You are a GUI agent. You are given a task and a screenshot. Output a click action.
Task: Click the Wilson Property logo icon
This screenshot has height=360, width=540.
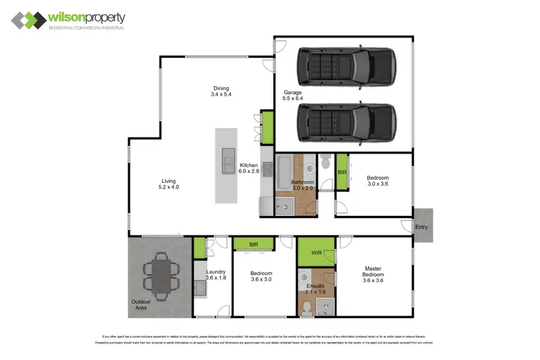point(27,20)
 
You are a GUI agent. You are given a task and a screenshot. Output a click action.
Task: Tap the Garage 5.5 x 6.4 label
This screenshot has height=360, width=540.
point(292,96)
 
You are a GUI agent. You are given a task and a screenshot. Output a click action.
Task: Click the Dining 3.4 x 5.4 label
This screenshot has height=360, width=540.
point(220,91)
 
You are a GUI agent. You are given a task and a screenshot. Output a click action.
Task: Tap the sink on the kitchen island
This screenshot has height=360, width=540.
point(228,157)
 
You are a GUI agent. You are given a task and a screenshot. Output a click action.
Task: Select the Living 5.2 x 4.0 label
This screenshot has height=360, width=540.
point(168,184)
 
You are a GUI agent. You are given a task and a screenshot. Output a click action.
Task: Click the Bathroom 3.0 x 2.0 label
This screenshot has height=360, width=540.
point(302,186)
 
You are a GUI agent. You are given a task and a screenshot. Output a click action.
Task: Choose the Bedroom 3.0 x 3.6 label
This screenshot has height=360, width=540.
point(378,181)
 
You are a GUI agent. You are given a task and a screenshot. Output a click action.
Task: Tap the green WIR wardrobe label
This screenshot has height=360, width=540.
point(317,253)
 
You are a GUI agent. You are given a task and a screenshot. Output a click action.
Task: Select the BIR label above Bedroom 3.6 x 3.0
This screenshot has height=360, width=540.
point(253,245)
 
